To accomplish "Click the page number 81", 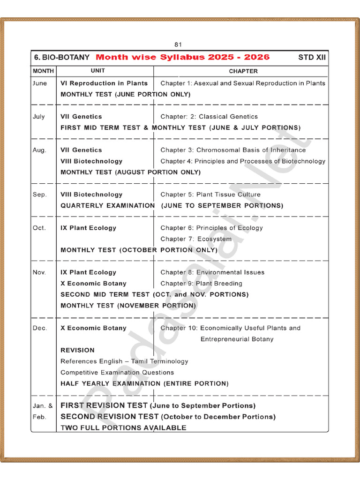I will (178, 45).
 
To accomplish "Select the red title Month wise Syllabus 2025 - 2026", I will (183, 57).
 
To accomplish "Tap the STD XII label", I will (312, 57).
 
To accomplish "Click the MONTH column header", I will (43, 71).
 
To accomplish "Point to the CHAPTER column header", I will (243, 71).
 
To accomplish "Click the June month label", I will (40, 83).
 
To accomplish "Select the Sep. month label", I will (40, 195).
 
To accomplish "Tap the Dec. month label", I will (40, 328).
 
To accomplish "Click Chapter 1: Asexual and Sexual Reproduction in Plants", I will (243, 83).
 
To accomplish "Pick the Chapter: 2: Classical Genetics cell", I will (209, 116).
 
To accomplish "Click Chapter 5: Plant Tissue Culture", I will (210, 195).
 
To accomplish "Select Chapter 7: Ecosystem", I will (196, 239).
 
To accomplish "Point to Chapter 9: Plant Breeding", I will (202, 284).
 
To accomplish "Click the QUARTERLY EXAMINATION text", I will (108, 206).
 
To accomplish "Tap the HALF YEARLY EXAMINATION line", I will (145, 383).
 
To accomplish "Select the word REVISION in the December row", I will (77, 350).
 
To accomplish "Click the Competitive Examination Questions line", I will (117, 373).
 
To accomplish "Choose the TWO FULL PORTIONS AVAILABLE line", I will (123, 427).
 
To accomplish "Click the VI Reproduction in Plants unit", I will (104, 83).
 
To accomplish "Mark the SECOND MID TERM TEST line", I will (155, 294).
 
